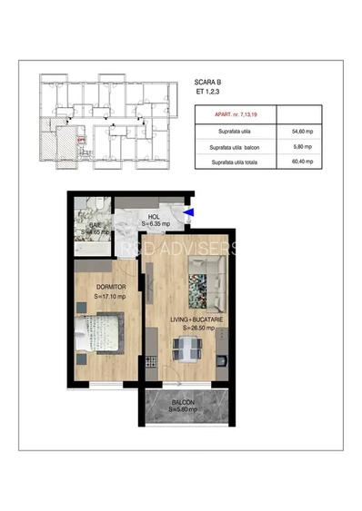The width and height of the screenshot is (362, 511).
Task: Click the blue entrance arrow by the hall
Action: pyautogui.click(x=188, y=214)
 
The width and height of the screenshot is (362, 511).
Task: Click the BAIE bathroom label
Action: pyautogui.click(x=95, y=223)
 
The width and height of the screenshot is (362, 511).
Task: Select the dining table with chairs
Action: pyautogui.click(x=189, y=348)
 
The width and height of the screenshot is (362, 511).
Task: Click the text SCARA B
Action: pyautogui.click(x=207, y=81)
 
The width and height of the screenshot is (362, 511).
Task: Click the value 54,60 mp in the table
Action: pyautogui.click(x=302, y=132)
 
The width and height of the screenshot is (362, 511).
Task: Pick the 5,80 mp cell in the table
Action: pyautogui.click(x=302, y=147)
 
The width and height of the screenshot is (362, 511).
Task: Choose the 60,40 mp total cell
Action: pyautogui.click(x=302, y=162)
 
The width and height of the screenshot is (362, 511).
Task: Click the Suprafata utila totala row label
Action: pyautogui.click(x=233, y=162)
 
